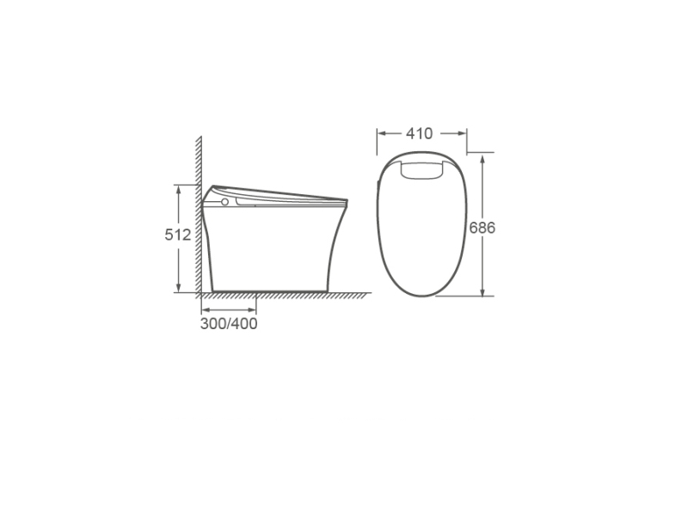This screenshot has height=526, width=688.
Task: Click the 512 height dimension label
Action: pos(178,235)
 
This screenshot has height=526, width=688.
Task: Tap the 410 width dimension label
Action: pos(419,133)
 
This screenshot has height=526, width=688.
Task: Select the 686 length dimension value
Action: pos(482,228)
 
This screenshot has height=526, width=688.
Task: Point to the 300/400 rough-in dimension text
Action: pos(229,323)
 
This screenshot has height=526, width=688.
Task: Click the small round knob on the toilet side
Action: pos(224,202)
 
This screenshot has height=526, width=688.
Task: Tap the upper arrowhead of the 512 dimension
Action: pos(178,189)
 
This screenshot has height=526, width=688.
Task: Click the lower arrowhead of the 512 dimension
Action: pos(178,288)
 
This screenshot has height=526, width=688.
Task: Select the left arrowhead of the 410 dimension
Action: pos(382,133)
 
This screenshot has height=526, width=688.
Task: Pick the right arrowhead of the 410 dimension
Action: pos(462,133)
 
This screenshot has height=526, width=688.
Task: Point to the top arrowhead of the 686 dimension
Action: pos(482,158)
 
